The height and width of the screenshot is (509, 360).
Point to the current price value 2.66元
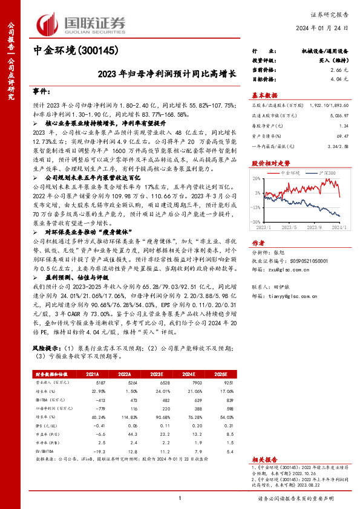(x=341, y=70)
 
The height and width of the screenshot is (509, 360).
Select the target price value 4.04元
(x=341, y=79)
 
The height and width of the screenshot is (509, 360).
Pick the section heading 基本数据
(x=264, y=96)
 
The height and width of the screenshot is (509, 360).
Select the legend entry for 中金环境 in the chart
(x=289, y=173)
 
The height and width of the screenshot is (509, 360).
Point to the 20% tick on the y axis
(x=258, y=178)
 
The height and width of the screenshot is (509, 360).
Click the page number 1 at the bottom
(x=180, y=498)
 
